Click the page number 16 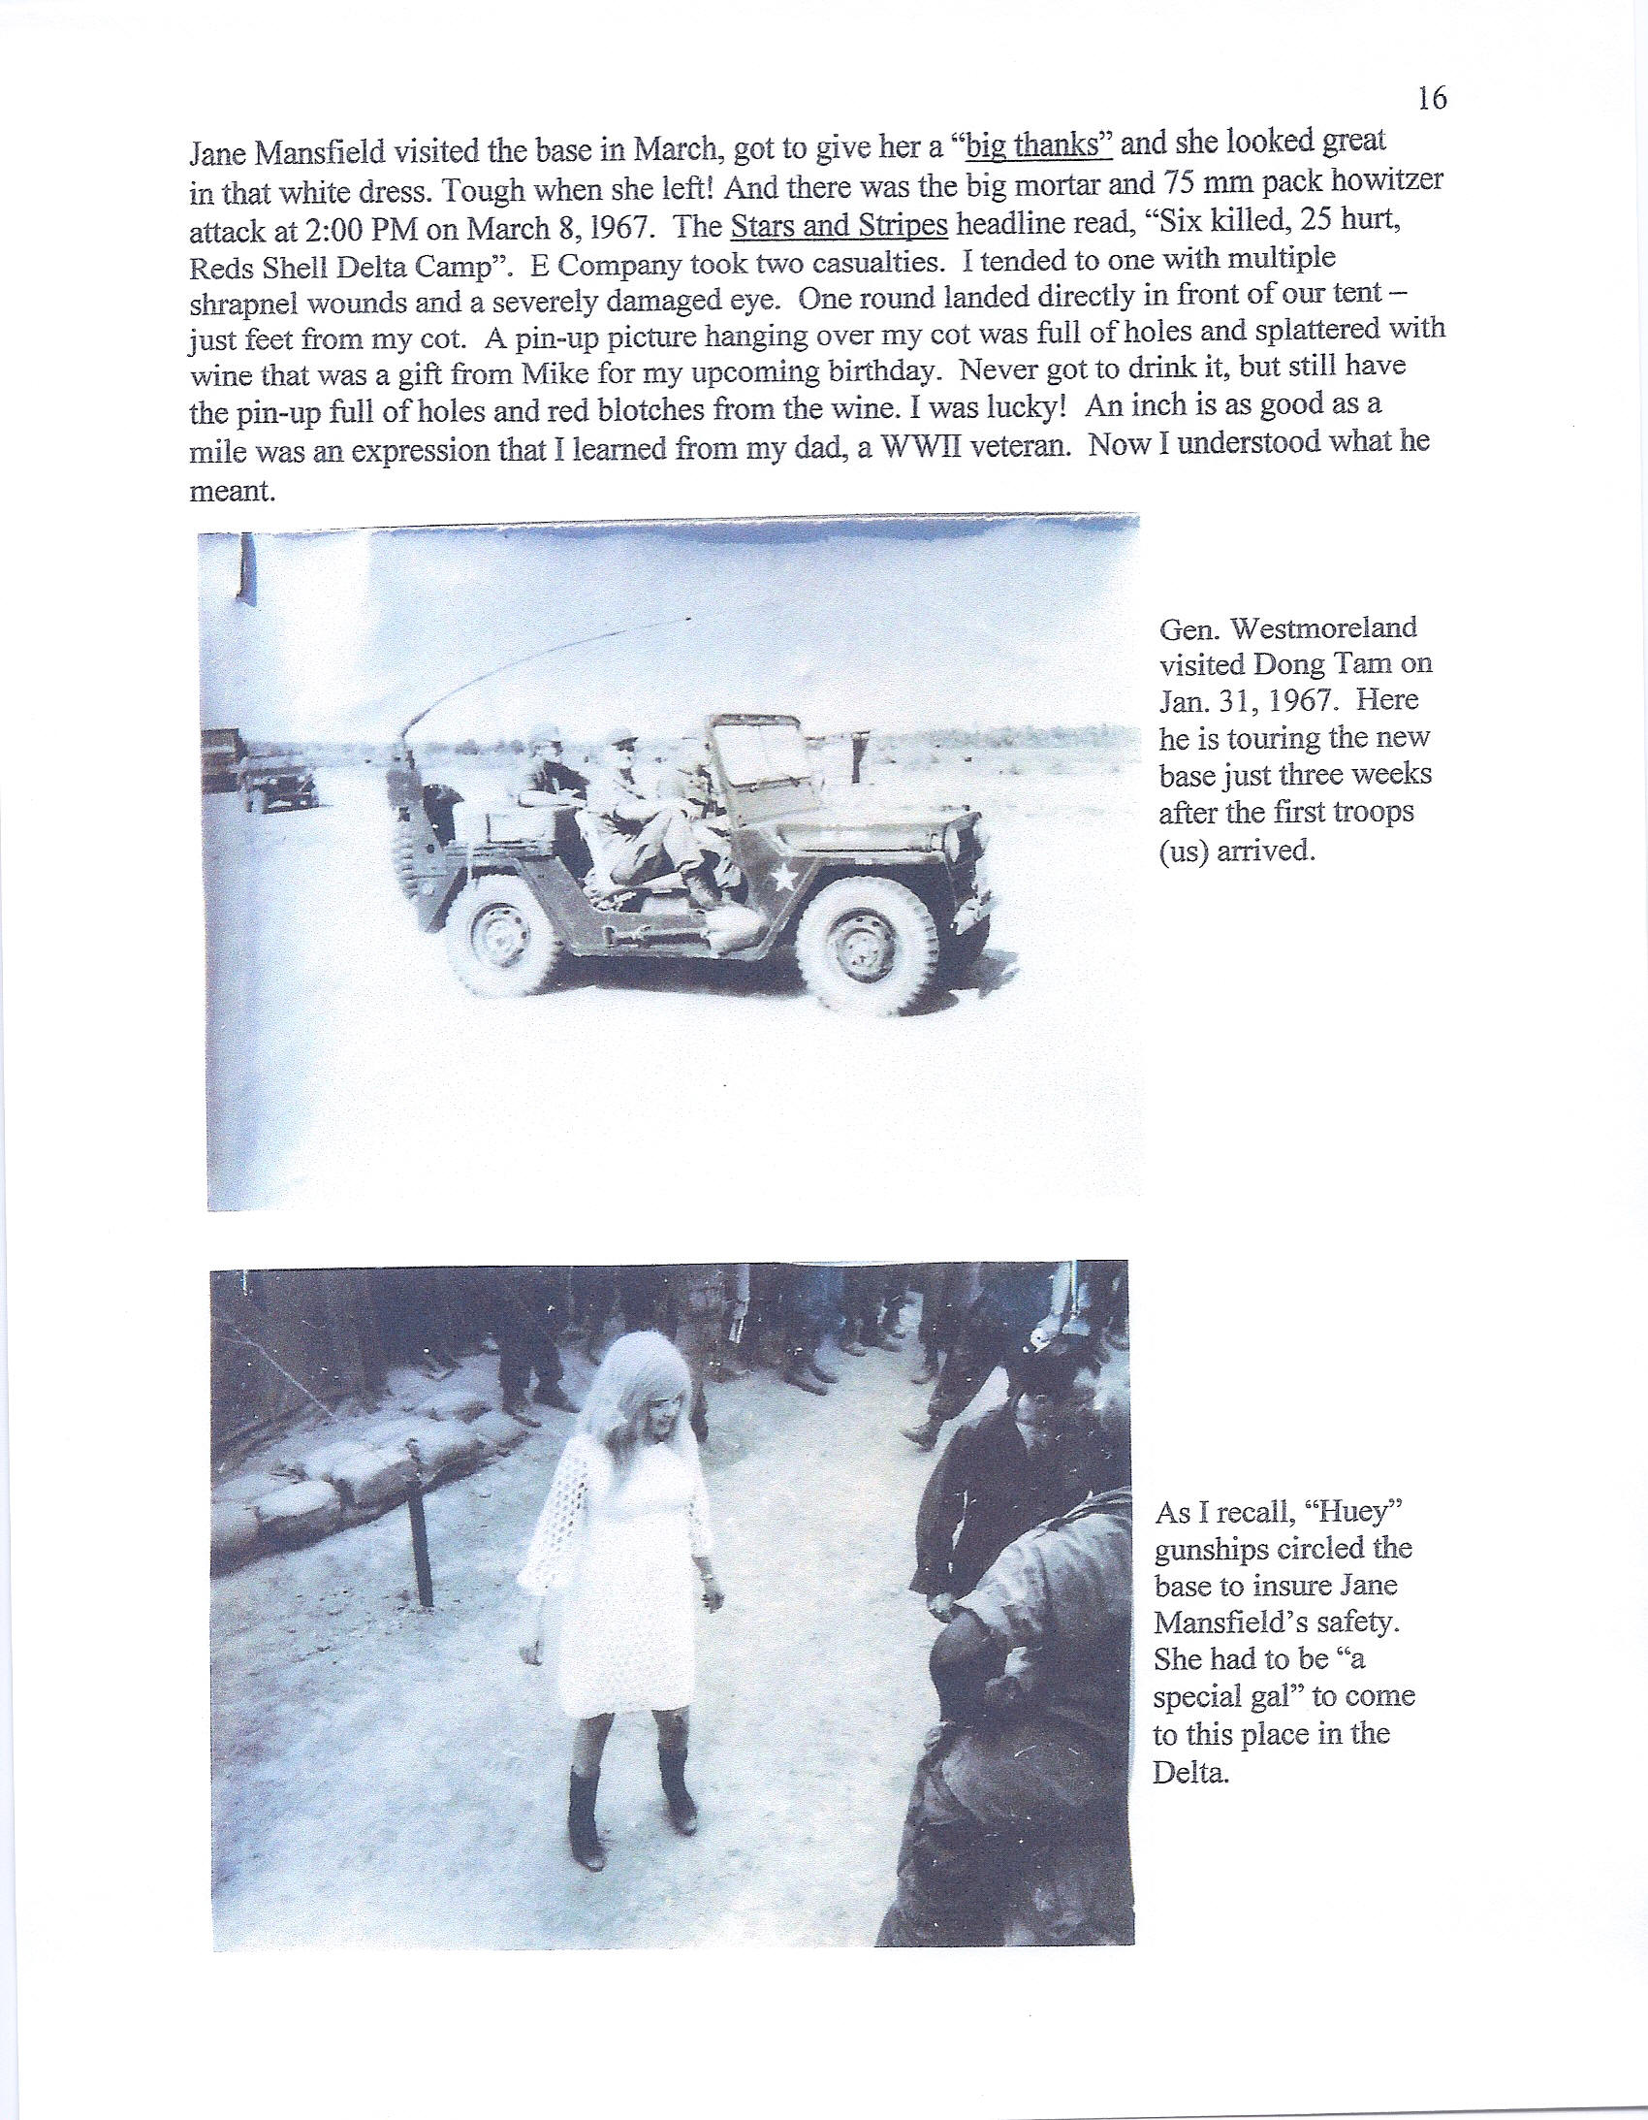[x=1432, y=98]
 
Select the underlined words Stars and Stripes [x=839, y=225]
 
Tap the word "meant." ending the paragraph [x=232, y=490]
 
